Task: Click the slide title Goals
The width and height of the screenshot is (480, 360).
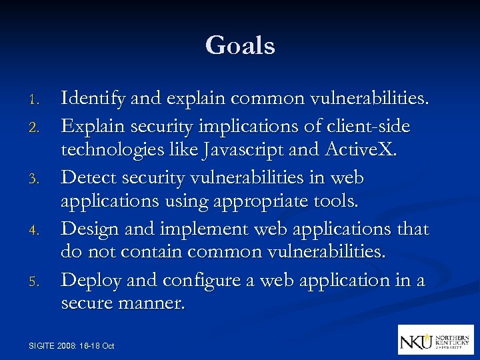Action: pos(240,46)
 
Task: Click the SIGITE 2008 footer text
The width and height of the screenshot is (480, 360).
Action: pos(72,345)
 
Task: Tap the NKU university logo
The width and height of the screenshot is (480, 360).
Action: pos(435,339)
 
